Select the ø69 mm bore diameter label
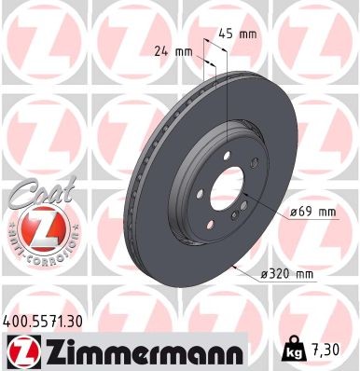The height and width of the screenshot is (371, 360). coord(312,213)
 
